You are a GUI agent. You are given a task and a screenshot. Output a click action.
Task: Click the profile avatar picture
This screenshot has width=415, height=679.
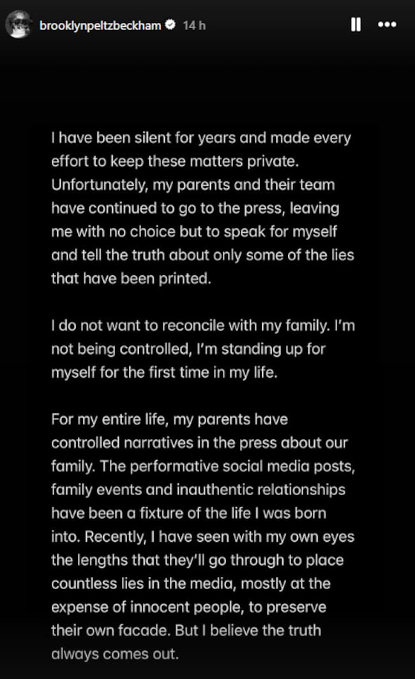click(17, 26)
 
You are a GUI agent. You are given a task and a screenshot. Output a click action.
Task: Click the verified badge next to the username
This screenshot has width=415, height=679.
click(170, 26)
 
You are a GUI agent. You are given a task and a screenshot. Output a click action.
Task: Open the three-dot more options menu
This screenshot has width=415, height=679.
click(387, 25)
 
